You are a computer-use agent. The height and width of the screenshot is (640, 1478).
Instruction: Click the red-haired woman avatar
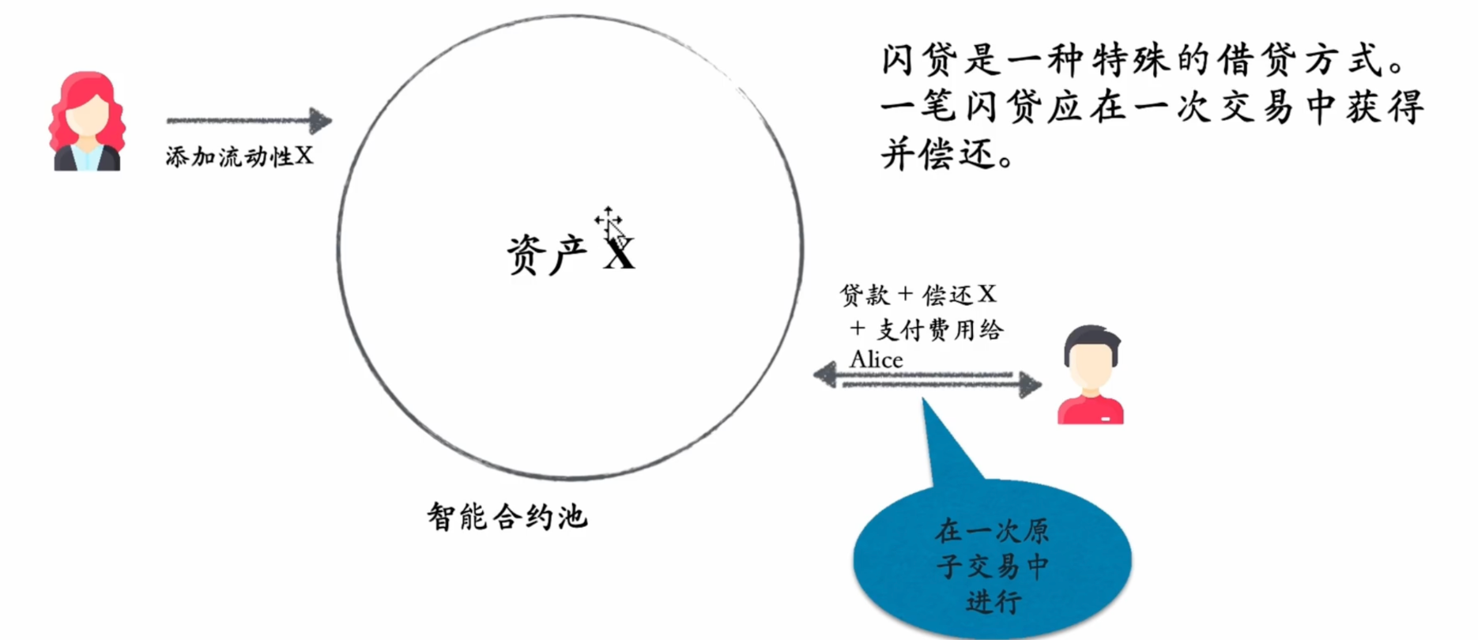pos(87,122)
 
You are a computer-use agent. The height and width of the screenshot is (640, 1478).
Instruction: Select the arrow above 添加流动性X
pos(248,121)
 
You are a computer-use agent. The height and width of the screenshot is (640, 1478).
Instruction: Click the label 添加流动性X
pos(239,156)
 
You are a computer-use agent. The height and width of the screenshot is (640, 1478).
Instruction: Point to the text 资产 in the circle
pos(546,254)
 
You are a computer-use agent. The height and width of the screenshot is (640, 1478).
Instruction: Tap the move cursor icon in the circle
pos(608,219)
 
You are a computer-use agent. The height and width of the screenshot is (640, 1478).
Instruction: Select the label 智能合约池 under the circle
pos(507,517)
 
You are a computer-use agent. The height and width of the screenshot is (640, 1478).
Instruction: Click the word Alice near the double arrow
pos(876,360)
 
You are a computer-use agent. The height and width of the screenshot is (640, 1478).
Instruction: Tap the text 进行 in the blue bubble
pos(993,601)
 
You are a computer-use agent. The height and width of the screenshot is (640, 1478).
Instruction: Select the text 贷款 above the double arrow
pos(865,296)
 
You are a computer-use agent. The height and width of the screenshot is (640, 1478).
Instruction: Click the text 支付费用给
pos(939,329)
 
